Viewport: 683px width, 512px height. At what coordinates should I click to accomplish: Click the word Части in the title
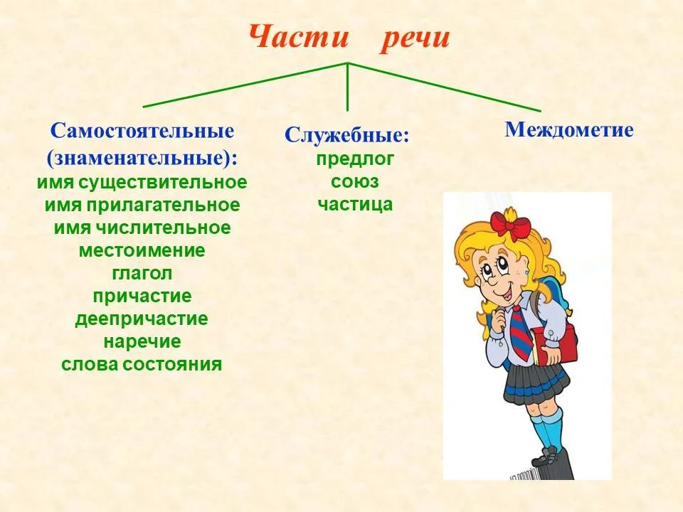(299, 36)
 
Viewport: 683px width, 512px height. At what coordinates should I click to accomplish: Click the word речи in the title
(415, 38)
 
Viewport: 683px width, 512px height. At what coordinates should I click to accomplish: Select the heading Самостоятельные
(142, 131)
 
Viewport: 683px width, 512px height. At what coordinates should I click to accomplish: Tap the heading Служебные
(347, 135)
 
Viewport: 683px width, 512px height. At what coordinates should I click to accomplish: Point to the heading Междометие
(569, 129)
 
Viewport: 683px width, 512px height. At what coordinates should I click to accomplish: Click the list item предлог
(354, 159)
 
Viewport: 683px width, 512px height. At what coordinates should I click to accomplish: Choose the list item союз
(354, 181)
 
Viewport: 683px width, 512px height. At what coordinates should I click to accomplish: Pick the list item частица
(355, 204)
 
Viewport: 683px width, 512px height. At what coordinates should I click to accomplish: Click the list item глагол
(142, 273)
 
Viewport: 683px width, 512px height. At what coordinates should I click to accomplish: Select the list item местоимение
(142, 251)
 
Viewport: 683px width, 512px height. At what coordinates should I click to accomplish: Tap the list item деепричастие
(142, 319)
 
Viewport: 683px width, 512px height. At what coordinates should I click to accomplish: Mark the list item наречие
(142, 342)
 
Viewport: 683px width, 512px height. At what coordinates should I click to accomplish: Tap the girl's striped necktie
(520, 332)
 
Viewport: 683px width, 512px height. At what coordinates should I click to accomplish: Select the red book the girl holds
(551, 344)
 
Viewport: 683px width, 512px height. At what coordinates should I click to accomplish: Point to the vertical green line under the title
(348, 87)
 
